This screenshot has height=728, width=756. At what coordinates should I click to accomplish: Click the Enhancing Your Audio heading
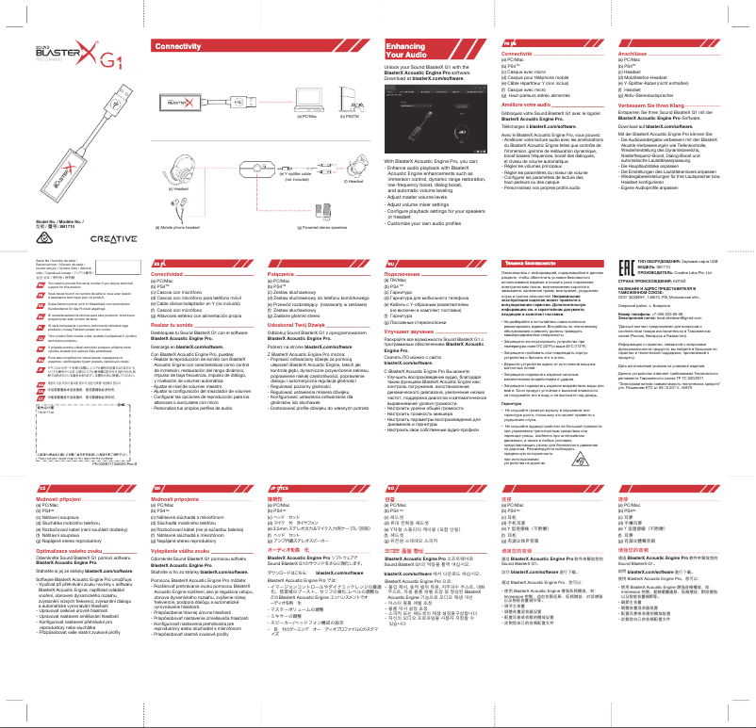[x=406, y=52]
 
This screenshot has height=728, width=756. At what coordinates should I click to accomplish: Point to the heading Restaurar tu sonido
[x=181, y=323]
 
